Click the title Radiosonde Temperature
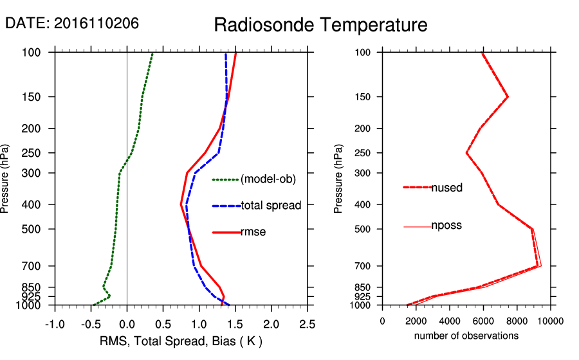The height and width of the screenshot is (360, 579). click(x=320, y=25)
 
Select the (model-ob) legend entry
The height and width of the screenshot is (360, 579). click(x=268, y=179)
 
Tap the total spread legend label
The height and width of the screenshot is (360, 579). click(x=271, y=206)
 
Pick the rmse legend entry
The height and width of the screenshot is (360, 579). click(x=253, y=232)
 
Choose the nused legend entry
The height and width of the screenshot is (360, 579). click(x=446, y=188)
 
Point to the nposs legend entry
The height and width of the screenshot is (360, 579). click(x=446, y=226)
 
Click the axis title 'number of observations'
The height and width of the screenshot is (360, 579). click(x=466, y=336)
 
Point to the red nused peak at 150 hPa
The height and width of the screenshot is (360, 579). click(x=508, y=97)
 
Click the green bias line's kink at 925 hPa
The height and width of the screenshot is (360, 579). click(x=110, y=296)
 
